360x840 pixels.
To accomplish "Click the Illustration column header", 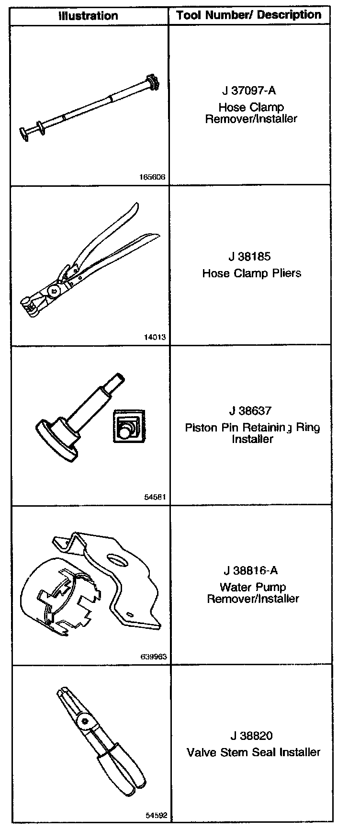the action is click(x=88, y=16).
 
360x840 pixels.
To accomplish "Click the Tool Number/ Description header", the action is click(x=248, y=15).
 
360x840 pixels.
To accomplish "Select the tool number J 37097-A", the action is click(x=249, y=91).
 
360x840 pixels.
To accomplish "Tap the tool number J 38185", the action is click(x=249, y=257).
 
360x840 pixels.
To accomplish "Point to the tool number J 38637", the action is click(x=250, y=411).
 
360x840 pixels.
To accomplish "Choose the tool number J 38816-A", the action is click(x=250, y=570).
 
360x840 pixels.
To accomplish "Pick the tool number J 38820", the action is click(x=251, y=736).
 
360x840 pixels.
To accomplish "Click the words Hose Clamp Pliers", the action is click(x=252, y=273).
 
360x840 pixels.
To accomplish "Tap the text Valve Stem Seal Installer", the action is click(x=253, y=752).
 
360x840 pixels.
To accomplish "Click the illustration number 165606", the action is click(x=152, y=177).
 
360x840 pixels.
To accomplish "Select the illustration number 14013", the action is click(x=155, y=337).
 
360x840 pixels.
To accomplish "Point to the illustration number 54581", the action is click(x=155, y=497).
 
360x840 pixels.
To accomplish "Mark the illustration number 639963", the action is click(x=154, y=657).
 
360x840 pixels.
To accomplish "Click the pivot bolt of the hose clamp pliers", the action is click(x=53, y=290).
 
